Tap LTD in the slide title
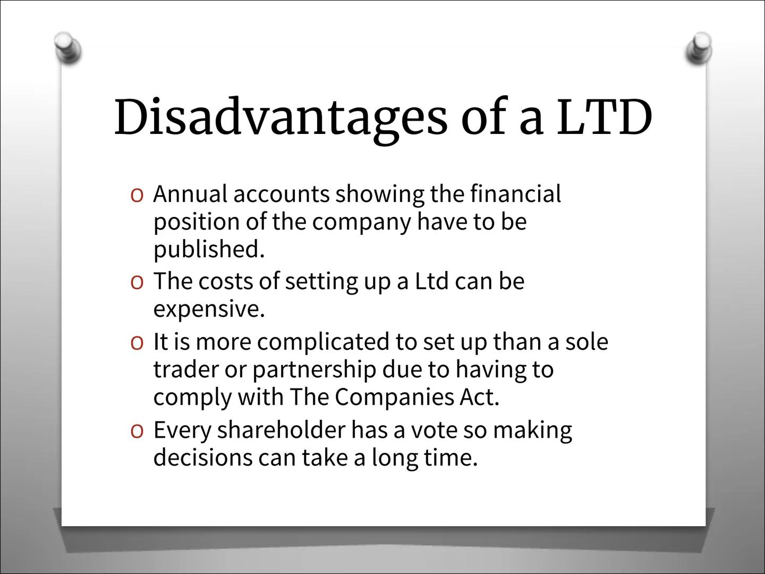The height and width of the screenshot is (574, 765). coord(604,117)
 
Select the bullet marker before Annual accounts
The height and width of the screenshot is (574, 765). coord(137,196)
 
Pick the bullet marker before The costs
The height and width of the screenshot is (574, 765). coord(137,282)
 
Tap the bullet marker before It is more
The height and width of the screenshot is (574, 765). coord(137,343)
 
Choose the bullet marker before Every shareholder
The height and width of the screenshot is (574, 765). coord(137,430)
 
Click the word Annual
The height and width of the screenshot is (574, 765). coord(190,194)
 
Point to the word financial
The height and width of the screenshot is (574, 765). coord(515,194)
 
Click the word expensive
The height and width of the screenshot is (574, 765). coord(208,309)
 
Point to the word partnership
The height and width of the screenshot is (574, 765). coord(314,370)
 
